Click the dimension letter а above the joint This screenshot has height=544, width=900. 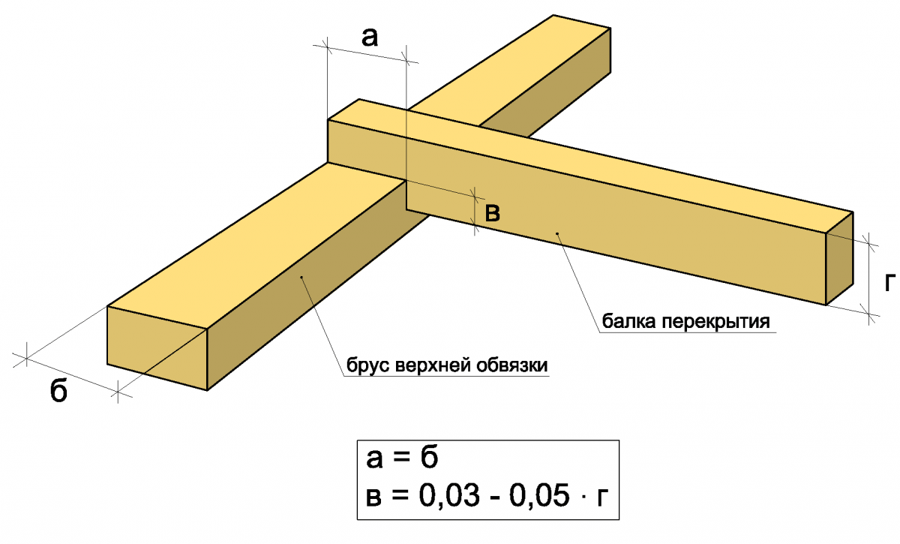coord(369,38)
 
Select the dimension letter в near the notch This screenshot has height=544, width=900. coord(493,214)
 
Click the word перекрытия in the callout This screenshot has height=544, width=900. coord(716,323)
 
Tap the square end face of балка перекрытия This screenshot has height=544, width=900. coord(839,259)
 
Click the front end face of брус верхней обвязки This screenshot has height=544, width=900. coord(157,349)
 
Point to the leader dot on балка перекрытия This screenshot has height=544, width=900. coord(556,234)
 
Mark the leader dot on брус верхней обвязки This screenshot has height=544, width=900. coord(301,278)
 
